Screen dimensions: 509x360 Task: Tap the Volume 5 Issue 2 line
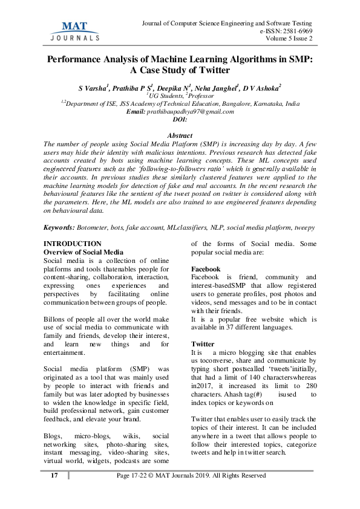coord(289,39)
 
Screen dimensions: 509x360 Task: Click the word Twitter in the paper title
coord(213,70)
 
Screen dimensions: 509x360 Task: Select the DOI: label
coord(180,119)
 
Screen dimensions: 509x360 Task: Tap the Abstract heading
coord(180,135)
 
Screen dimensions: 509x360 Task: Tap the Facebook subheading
coord(206,268)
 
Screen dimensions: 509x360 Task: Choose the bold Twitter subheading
coord(203,343)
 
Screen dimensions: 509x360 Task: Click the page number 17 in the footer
coord(54,476)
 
